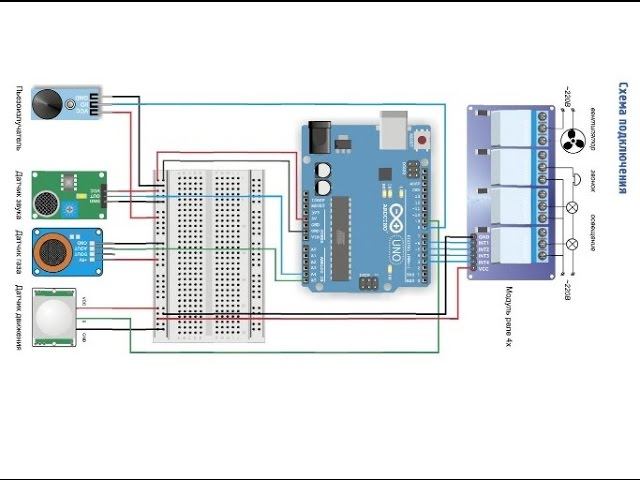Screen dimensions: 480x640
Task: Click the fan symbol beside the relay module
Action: [x=573, y=139]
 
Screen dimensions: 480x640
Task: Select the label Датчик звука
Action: [x=19, y=192]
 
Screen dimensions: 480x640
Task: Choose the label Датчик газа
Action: [x=19, y=250]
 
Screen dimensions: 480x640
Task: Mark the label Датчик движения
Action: [x=19, y=317]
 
